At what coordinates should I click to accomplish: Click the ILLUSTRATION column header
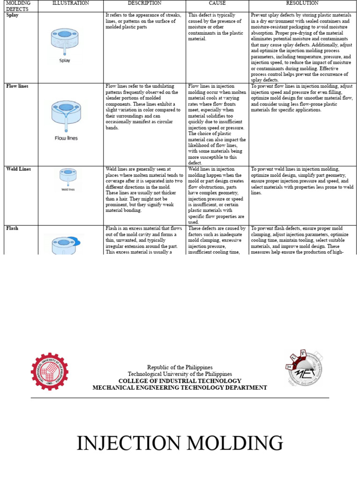[70, 3]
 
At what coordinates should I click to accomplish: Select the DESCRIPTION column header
[144, 3]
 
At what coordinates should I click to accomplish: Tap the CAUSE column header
[217, 3]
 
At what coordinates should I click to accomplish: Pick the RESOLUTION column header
[302, 3]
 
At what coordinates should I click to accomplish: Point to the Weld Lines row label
[19, 169]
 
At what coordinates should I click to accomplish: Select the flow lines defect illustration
[66, 115]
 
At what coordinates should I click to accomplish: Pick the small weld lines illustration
[68, 178]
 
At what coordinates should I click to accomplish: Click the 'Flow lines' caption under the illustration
[66, 138]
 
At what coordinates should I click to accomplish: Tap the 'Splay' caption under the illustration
[65, 60]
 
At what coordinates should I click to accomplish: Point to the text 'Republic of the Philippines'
[180, 367]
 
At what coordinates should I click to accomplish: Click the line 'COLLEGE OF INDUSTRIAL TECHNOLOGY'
[180, 381]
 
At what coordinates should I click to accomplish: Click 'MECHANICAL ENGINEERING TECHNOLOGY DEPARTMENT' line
[180, 388]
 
